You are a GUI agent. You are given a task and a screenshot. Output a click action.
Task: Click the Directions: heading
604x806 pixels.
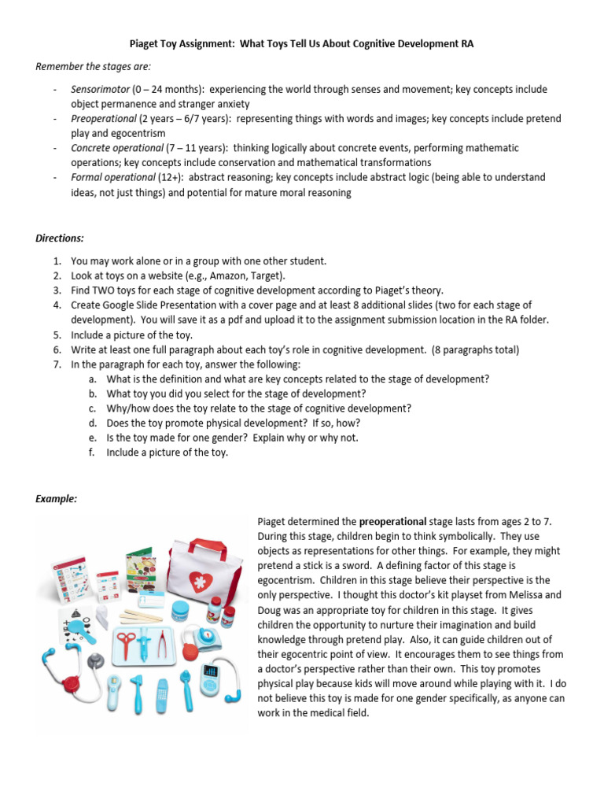60,238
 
